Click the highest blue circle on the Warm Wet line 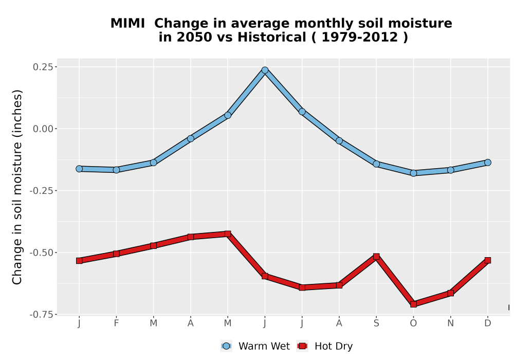tap(265, 70)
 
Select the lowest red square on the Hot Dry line tap(413, 304)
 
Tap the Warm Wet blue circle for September tap(376, 164)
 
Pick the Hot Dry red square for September tap(376, 257)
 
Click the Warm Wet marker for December tap(488, 163)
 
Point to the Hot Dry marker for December tap(488, 260)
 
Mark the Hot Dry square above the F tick tap(116, 254)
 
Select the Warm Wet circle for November tap(451, 170)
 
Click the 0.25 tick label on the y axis tap(43, 67)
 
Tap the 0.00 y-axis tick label tap(43, 129)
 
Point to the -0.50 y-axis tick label tap(41, 253)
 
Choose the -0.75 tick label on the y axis tap(41, 315)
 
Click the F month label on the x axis tap(116, 323)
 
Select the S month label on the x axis tap(376, 323)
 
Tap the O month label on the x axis tap(413, 323)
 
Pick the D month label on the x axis tap(488, 323)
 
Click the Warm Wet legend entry tap(255, 346)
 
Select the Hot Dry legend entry tap(325, 346)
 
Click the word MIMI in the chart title tap(127, 23)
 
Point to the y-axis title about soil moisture tap(17, 187)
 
